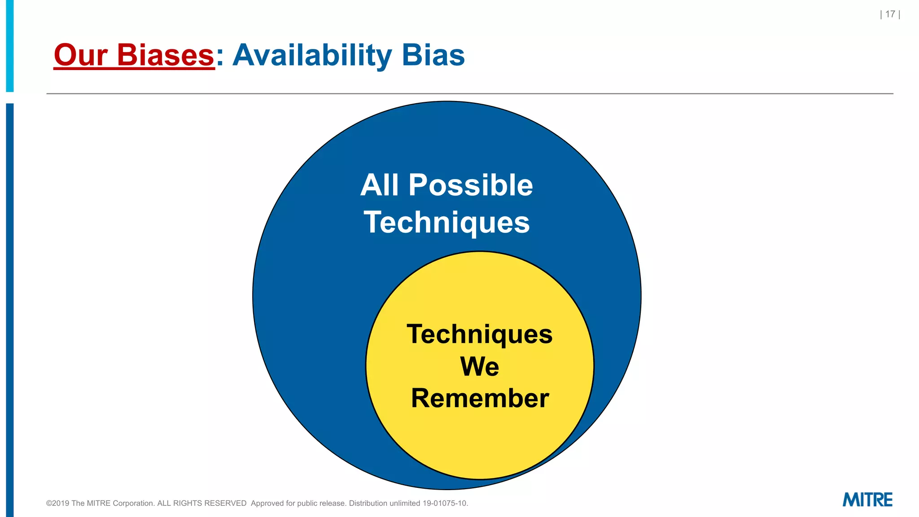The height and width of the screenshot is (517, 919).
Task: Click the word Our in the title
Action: (x=80, y=55)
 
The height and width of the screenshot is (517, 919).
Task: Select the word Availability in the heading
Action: (x=312, y=55)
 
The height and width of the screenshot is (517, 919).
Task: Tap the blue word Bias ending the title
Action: (x=433, y=55)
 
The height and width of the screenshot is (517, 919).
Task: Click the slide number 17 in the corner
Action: (x=890, y=14)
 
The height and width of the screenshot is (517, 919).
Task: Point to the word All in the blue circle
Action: (x=379, y=185)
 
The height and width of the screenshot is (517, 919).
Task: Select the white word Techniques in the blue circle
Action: (x=446, y=223)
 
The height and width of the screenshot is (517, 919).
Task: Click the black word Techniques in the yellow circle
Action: (x=479, y=334)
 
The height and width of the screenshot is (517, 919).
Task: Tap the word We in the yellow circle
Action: (x=479, y=366)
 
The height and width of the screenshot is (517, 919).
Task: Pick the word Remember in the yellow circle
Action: (x=480, y=398)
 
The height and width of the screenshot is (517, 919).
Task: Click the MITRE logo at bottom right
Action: (x=867, y=499)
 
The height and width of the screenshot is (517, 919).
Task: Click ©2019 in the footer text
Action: (x=57, y=504)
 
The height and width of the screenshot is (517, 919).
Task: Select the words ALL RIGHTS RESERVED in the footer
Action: (x=201, y=504)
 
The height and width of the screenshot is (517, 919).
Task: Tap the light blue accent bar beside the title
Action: (x=9, y=45)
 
